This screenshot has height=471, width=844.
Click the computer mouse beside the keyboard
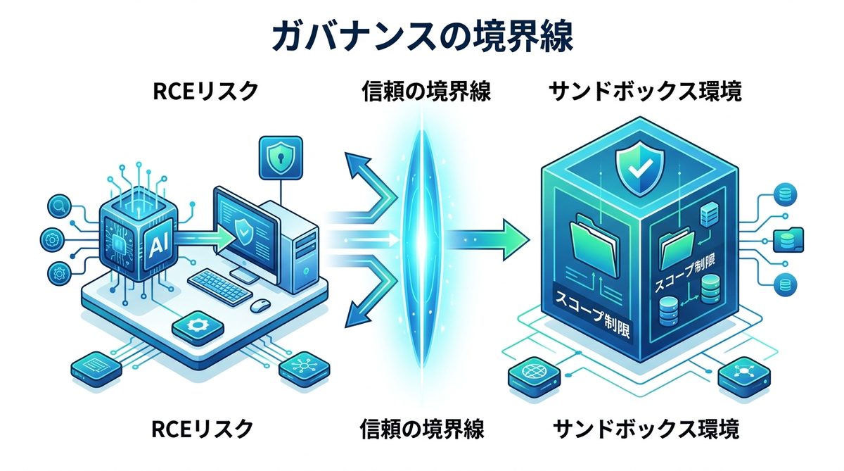click(261, 306)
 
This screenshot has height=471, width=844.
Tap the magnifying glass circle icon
click(56, 206)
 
